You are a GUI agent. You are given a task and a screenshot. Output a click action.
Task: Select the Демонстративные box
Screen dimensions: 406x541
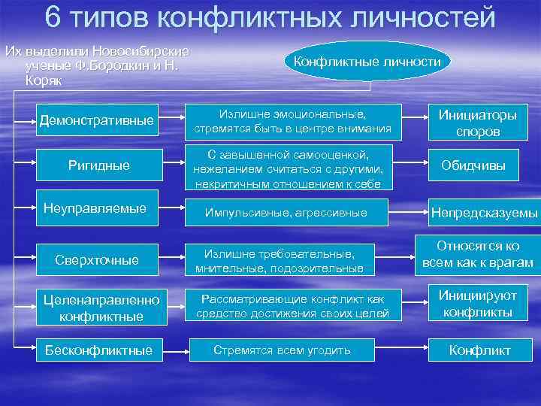tap(98, 120)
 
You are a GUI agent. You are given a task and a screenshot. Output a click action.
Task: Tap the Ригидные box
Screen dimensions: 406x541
tap(98, 165)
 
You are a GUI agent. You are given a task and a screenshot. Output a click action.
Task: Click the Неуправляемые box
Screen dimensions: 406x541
tap(98, 208)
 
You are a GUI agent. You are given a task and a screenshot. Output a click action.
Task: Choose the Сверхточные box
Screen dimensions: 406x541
tap(98, 259)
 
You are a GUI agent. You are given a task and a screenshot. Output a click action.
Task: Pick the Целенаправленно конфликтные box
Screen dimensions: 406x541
tap(101, 308)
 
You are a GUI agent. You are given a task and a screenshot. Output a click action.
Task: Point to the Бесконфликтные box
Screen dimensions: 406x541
tap(98, 350)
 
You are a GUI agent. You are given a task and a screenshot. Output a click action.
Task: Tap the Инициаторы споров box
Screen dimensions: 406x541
tap(478, 123)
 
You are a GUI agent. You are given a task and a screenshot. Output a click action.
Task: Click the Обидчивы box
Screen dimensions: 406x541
tap(478, 165)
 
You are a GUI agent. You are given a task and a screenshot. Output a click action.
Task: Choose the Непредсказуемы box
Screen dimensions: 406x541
tap(484, 214)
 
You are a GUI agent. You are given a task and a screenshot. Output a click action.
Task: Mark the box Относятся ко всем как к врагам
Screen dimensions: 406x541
tap(478, 254)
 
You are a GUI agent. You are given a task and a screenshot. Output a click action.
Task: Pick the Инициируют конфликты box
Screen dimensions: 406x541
tap(478, 303)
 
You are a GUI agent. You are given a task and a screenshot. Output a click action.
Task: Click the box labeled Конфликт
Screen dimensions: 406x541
tap(479, 350)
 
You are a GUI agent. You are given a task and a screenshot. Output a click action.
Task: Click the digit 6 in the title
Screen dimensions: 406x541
tap(53, 17)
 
